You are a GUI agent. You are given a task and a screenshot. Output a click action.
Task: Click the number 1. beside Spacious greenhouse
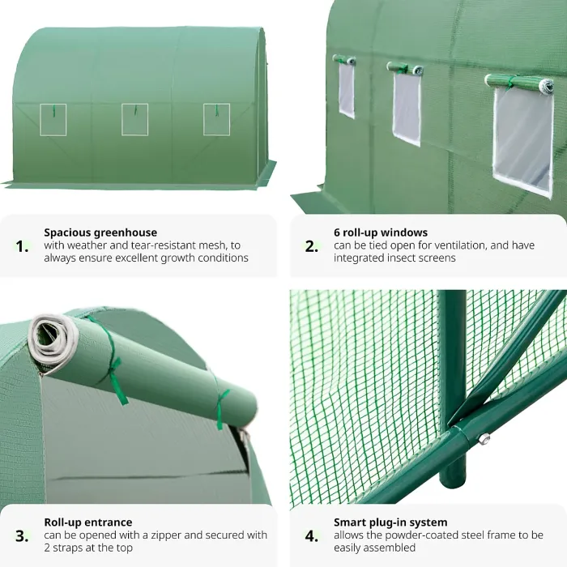click(x=23, y=246)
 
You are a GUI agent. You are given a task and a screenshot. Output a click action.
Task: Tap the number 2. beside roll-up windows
click(x=312, y=246)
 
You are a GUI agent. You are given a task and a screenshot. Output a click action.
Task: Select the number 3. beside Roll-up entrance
click(x=23, y=535)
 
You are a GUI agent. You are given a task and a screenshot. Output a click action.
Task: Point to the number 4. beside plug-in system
click(x=312, y=535)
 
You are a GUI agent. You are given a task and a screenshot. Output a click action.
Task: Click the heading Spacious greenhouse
click(x=100, y=232)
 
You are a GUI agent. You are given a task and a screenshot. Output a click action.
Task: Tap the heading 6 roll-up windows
click(x=381, y=232)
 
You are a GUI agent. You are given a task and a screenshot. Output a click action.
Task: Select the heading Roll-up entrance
click(x=88, y=522)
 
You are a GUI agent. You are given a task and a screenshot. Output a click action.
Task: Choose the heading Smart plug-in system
click(x=390, y=522)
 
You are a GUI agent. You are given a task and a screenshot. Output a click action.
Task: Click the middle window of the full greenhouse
click(x=134, y=119)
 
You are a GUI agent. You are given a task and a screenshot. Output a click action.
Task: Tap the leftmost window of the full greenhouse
click(x=53, y=119)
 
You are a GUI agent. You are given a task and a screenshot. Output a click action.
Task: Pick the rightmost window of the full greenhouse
click(x=216, y=119)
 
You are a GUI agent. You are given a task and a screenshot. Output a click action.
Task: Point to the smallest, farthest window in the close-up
click(x=347, y=89)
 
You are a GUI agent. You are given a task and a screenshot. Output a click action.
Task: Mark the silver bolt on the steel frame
click(x=484, y=438)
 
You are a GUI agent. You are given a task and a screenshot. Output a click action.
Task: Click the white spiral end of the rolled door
click(x=49, y=339)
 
